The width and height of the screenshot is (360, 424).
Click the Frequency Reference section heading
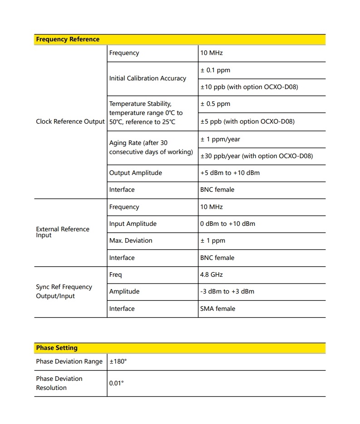pyautogui.click(x=68, y=40)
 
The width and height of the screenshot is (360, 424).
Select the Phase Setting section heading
pyautogui.click(x=57, y=348)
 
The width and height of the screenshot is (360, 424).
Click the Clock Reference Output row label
pyautogui.click(x=70, y=121)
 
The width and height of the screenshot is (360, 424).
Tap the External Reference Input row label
pyautogui.click(x=63, y=232)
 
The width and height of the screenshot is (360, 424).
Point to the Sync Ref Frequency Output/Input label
pyautogui.click(x=64, y=291)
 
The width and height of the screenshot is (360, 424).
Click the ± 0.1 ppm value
pyautogui.click(x=215, y=70)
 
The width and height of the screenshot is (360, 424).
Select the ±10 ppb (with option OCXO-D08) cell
pyautogui.click(x=249, y=87)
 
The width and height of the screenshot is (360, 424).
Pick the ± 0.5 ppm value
pyautogui.click(x=215, y=104)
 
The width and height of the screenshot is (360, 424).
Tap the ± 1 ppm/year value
pyautogui.click(x=220, y=139)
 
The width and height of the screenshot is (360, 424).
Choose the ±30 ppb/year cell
pyautogui.click(x=256, y=156)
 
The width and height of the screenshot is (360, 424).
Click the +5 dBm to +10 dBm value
pyautogui.click(x=230, y=173)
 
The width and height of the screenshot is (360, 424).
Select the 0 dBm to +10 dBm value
pyautogui.click(x=227, y=224)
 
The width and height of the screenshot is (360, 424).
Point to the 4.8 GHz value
pyautogui.click(x=212, y=274)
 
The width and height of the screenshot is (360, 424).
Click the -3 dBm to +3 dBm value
pyautogui.click(x=227, y=291)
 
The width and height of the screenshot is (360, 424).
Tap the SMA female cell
pyautogui.click(x=217, y=309)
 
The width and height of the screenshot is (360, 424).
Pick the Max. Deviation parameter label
pyautogui.click(x=131, y=240)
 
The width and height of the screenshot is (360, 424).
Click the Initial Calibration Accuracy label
pyautogui.click(x=148, y=78)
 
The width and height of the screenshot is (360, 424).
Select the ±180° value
pyautogui.click(x=118, y=362)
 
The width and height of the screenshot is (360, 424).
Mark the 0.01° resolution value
pyautogui.click(x=116, y=383)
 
